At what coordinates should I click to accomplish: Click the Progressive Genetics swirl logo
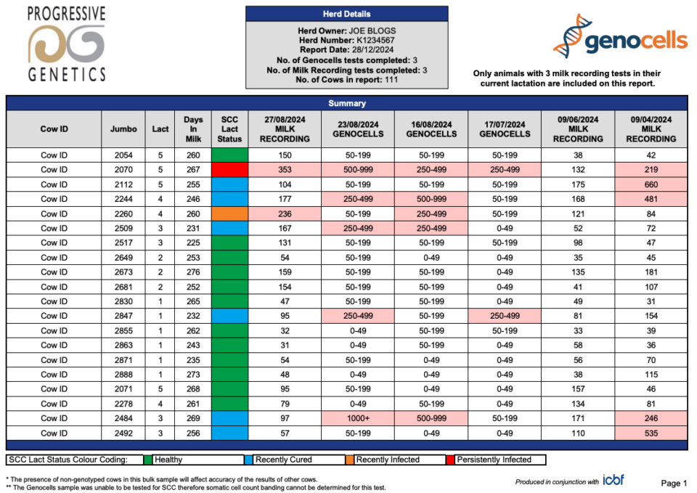67,44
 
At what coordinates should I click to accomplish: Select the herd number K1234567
375,40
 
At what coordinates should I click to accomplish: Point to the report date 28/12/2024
372,50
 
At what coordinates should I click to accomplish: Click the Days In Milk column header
193,129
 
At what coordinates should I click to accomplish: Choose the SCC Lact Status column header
229,129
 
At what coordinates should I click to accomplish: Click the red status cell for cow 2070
230,170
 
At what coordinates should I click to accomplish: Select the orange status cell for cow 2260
230,213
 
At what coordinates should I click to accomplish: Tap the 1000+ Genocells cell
358,418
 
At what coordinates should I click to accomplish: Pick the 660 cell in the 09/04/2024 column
651,184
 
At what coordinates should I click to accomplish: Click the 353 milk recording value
285,170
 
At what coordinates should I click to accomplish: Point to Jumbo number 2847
123,316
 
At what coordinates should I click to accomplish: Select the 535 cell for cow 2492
651,433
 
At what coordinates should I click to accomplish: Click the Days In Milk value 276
193,272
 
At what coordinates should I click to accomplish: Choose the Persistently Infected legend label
494,460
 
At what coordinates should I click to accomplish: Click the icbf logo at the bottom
614,480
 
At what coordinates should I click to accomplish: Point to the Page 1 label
674,484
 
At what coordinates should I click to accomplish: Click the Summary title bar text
347,104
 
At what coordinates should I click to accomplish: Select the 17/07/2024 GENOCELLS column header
505,129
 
